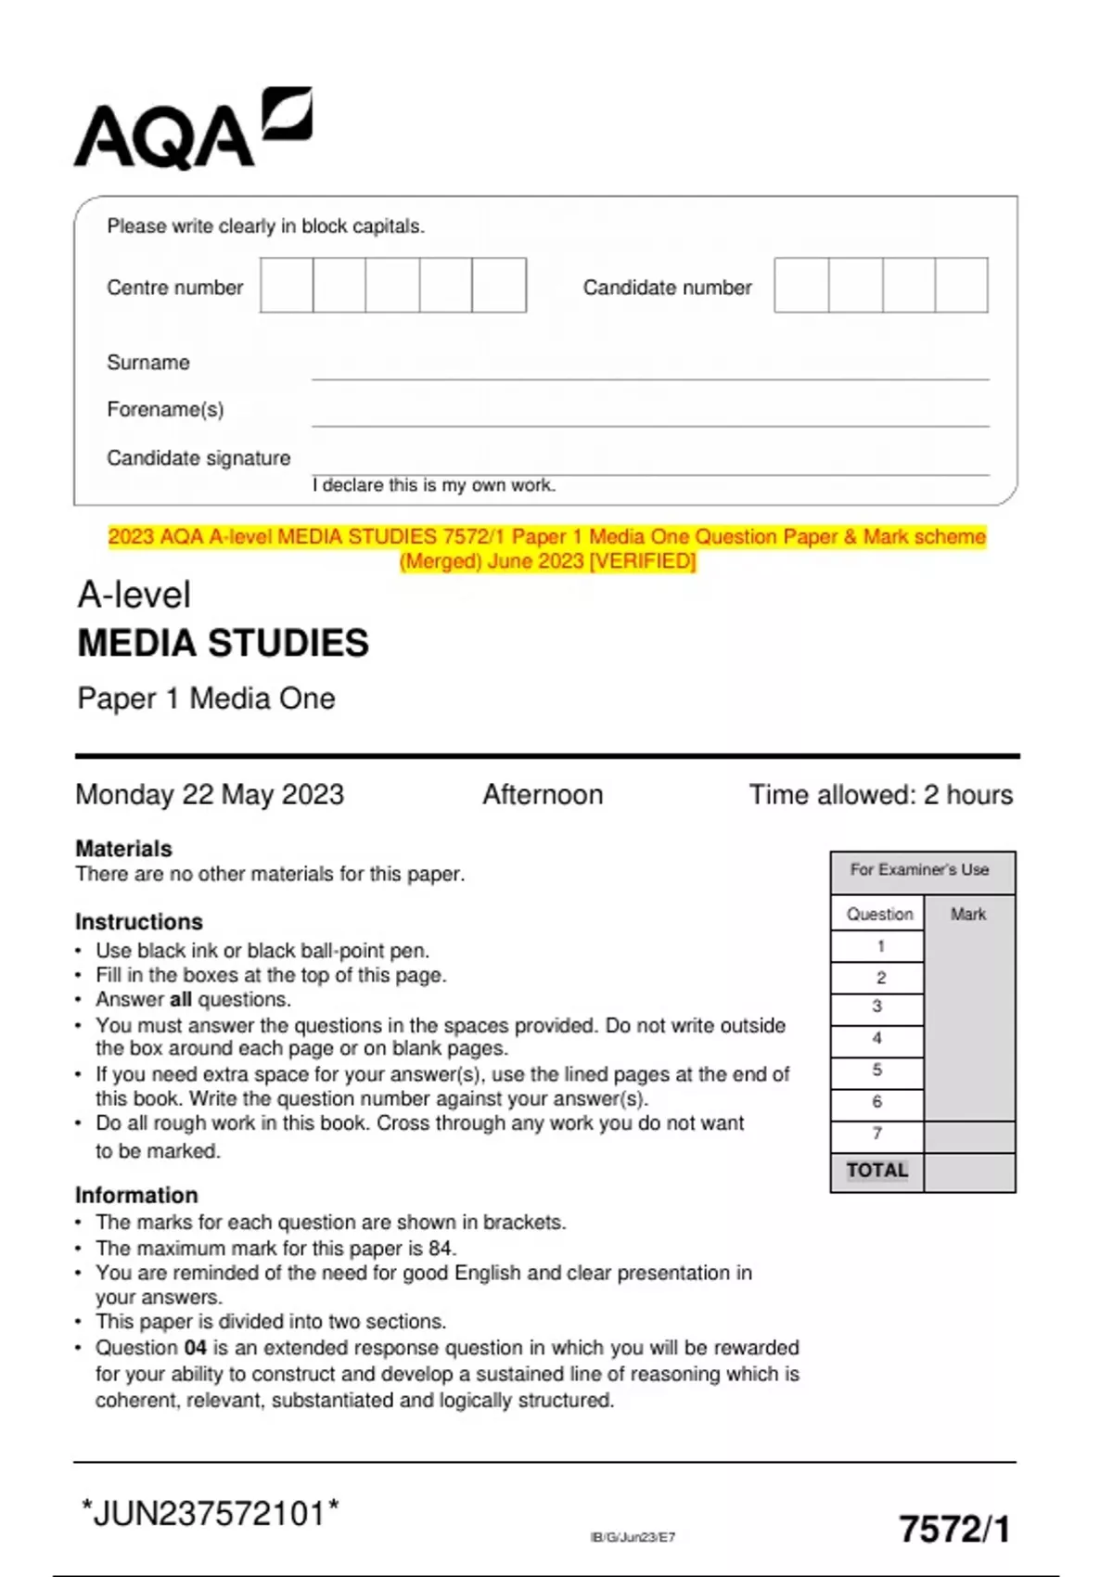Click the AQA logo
192,130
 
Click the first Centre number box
287,286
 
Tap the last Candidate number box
961,286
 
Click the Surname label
148,363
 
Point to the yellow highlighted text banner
547,548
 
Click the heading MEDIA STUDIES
223,643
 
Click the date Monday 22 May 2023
210,795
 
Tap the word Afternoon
543,795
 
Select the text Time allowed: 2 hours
880,795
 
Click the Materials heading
123,849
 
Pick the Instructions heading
139,922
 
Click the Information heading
136,1195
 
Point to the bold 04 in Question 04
195,1348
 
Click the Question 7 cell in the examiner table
877,1135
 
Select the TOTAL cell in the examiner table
877,1171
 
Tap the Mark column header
968,915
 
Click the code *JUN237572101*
211,1513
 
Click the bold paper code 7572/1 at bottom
954,1529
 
